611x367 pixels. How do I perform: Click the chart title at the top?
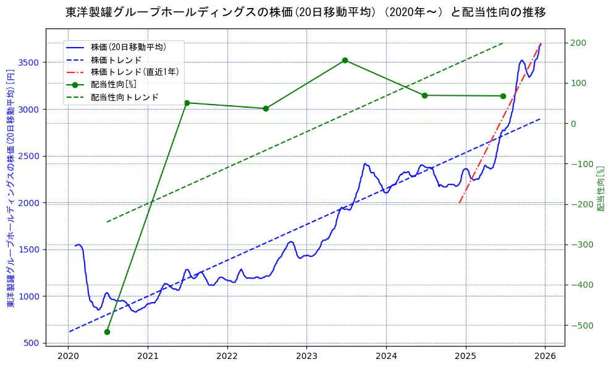point(305,12)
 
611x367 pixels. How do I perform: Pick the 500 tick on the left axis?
point(33,343)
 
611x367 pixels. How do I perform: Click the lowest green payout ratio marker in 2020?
point(107,332)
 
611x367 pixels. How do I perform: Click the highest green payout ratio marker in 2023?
point(345,60)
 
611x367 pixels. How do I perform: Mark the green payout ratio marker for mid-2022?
point(266,108)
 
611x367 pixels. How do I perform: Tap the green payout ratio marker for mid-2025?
point(503,96)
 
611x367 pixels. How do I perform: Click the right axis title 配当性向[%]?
point(599,189)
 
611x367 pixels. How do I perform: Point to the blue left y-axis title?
point(10,189)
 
